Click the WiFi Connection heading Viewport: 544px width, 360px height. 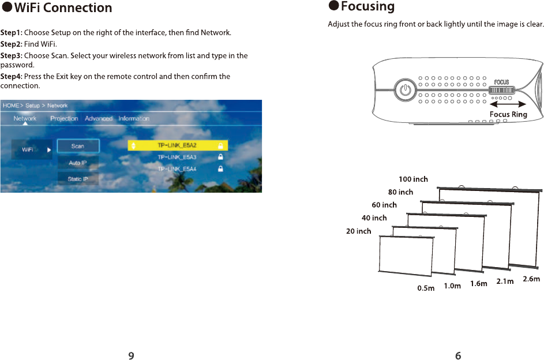[63, 8]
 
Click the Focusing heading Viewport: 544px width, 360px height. [367, 7]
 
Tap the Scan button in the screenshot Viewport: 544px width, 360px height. [78, 147]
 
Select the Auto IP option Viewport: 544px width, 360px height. [78, 163]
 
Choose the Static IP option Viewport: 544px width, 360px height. [78, 179]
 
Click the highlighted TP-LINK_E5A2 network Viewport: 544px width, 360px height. [178, 145]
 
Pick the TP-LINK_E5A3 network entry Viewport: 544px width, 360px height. [178, 157]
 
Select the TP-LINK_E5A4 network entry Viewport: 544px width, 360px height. [178, 169]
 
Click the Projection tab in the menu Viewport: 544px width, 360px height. [64, 118]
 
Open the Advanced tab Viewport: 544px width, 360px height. [99, 118]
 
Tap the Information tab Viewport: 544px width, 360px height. [134, 118]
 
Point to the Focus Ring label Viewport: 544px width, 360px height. [508, 114]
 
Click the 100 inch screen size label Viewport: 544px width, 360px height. [414, 179]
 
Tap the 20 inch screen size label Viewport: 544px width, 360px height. [359, 231]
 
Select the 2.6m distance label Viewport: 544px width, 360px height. [531, 279]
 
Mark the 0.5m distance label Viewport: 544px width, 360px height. [426, 288]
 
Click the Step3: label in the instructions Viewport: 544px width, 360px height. [12, 56]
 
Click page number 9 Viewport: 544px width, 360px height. [132, 355]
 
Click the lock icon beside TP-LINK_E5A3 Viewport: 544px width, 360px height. [220, 157]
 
